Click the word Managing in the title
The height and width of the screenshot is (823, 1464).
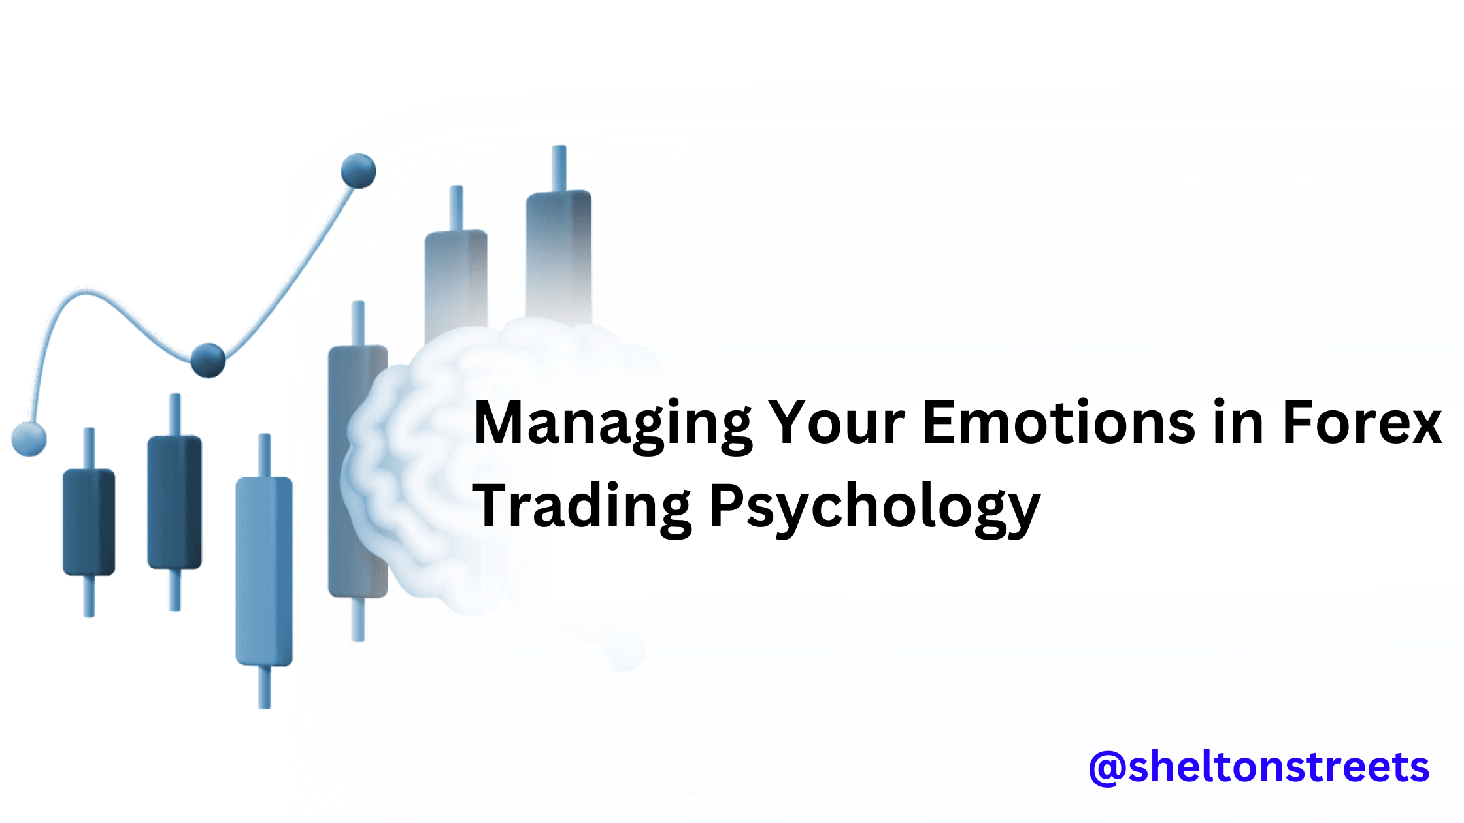(x=612, y=425)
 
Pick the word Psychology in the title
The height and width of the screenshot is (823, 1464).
(x=874, y=508)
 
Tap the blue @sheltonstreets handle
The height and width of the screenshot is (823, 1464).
(x=1259, y=767)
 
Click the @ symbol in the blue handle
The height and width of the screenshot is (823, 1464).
(x=1107, y=768)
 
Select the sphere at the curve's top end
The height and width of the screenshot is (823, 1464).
(x=358, y=171)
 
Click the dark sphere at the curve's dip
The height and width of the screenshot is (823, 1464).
(x=208, y=360)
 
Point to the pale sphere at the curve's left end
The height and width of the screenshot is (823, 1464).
(x=29, y=438)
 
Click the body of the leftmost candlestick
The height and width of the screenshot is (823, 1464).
(x=89, y=522)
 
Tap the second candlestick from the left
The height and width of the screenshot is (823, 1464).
(x=175, y=502)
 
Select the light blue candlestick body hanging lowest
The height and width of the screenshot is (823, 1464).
(x=264, y=572)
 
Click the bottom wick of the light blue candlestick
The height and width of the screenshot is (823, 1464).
(x=264, y=686)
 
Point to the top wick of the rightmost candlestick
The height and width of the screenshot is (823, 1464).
(x=559, y=169)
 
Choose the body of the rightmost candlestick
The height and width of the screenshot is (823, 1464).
(x=559, y=255)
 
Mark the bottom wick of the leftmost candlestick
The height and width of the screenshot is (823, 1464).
(x=89, y=596)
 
